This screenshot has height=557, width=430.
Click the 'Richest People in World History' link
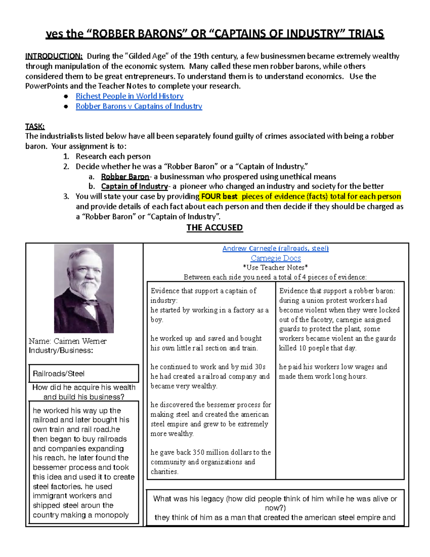click(129, 96)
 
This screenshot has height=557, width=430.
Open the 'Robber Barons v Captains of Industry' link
click(139, 106)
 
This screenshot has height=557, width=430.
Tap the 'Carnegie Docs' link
click(276, 258)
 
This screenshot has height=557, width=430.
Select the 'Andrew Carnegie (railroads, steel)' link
click(276, 248)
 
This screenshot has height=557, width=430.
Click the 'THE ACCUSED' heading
click(215, 227)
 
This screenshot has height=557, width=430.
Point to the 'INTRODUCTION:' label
click(54, 56)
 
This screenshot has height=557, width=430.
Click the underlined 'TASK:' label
click(35, 126)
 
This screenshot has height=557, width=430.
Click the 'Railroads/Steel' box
click(83, 373)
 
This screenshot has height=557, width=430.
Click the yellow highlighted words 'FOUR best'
click(219, 196)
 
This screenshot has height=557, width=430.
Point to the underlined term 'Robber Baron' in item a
click(125, 176)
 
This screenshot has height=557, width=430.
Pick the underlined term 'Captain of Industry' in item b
click(134, 186)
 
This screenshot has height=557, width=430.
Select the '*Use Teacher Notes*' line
click(275, 267)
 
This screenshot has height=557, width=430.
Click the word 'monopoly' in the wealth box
click(111, 515)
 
